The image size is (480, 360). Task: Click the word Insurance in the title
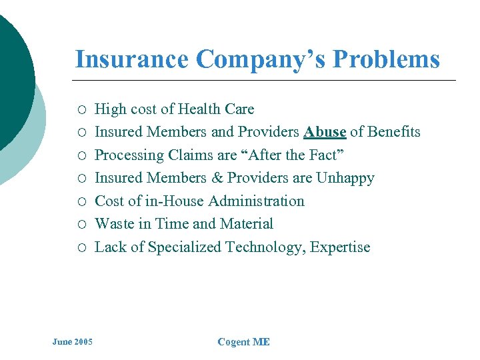tap(132, 59)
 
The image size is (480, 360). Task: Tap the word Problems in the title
tap(386, 59)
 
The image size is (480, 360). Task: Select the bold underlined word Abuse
tap(325, 132)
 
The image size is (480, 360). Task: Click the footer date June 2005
tap(73, 342)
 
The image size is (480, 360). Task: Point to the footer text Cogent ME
tap(243, 342)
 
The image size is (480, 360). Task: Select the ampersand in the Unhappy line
tap(217, 178)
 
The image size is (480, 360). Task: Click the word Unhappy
tap(345, 178)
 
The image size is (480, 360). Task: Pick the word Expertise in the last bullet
tap(339, 247)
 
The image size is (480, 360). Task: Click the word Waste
tap(115, 224)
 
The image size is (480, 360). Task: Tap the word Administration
tap(256, 201)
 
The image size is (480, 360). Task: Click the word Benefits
tap(395, 132)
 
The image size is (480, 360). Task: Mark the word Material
tap(247, 224)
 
